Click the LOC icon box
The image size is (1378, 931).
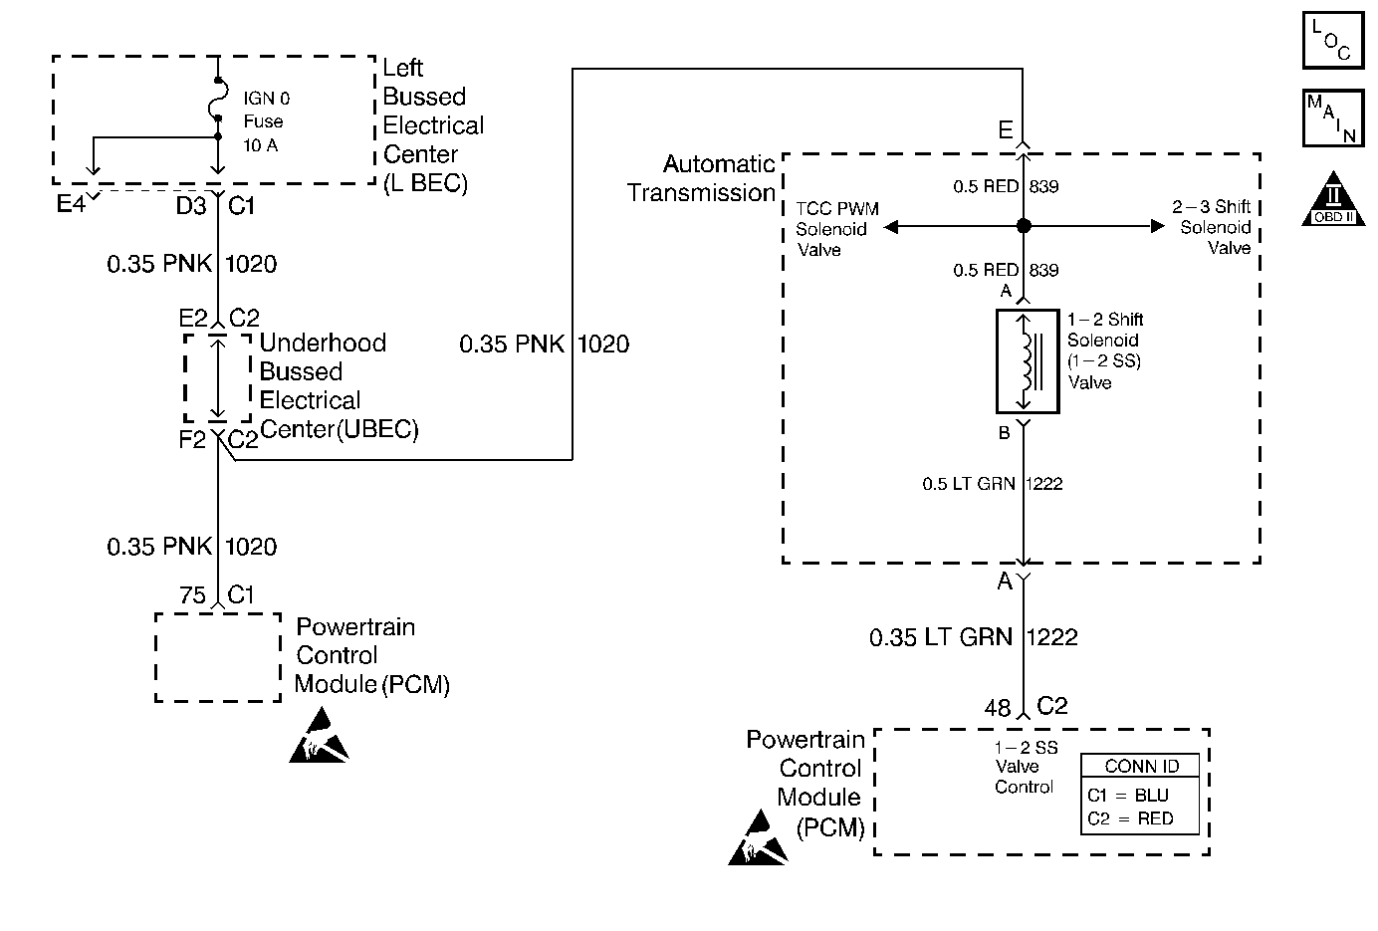pos(1332,40)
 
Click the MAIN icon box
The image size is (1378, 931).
pos(1332,118)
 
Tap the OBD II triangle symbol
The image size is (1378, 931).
pos(1333,199)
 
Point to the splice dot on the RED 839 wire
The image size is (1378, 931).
pos(1024,227)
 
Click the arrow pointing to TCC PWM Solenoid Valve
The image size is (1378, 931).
pos(891,227)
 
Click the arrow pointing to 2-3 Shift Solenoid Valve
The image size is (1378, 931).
pos(1157,227)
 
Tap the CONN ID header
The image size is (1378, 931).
pos(1141,766)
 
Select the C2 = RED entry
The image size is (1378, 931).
pos(1130,818)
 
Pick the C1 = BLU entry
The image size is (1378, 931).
pos(1128,796)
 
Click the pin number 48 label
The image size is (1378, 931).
pos(997,708)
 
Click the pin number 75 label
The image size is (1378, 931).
pos(192,595)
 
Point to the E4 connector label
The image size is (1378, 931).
pos(70,205)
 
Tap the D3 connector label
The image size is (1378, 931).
pos(191,206)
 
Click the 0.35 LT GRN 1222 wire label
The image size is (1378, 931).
pos(973,637)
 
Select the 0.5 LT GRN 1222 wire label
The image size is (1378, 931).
pos(993,484)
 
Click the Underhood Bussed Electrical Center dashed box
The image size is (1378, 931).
pos(217,378)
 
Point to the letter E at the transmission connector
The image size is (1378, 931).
pos(1006,130)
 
